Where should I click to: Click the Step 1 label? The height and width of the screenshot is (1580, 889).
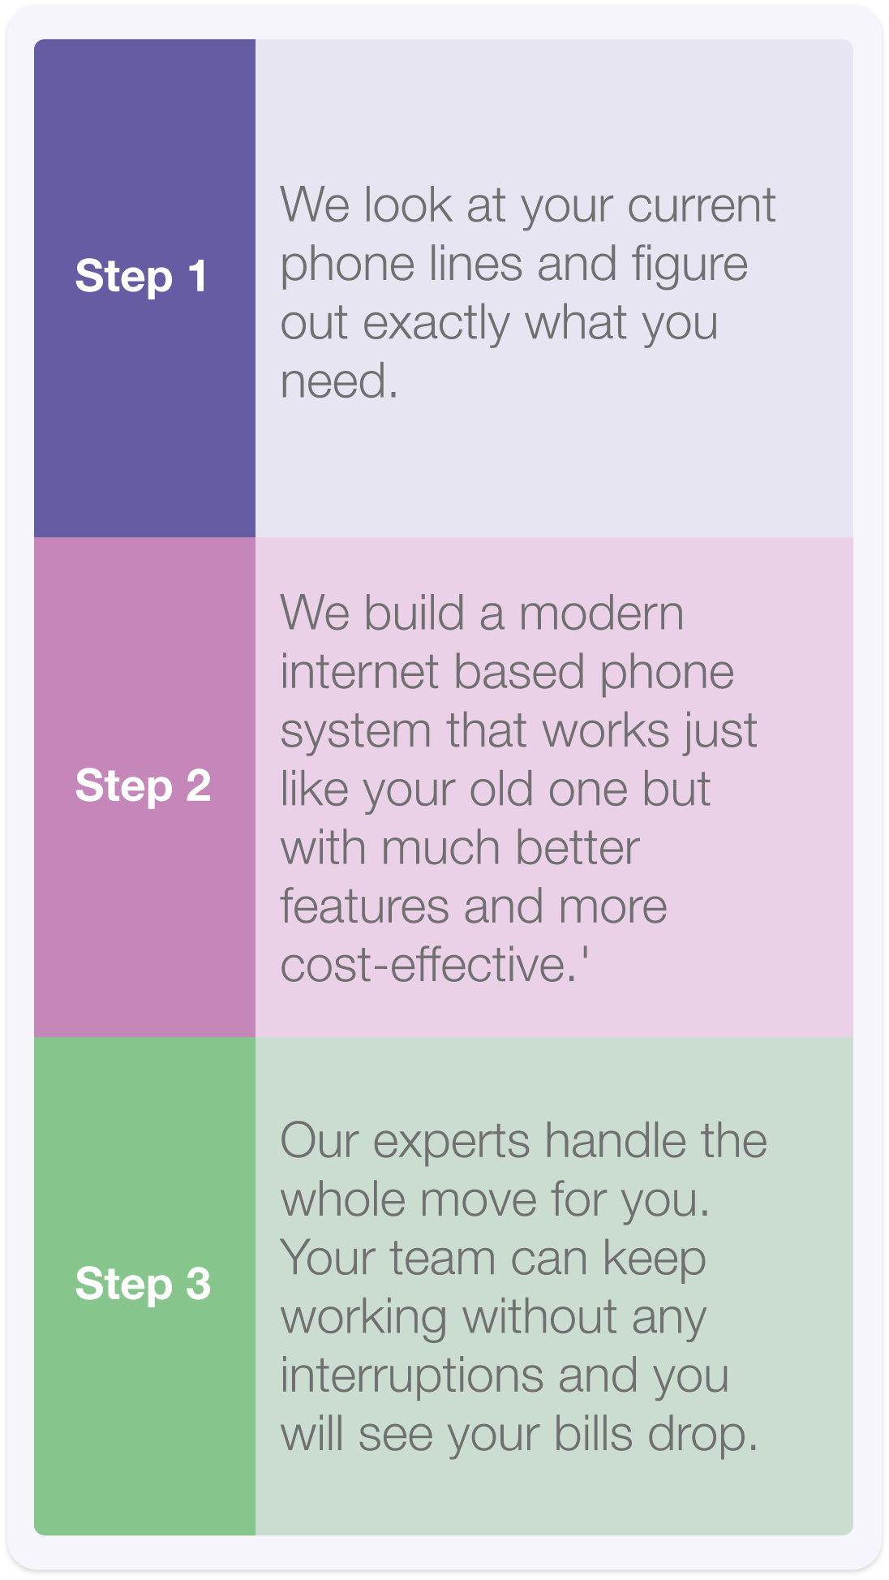click(x=140, y=277)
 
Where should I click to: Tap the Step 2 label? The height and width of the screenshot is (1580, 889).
click(x=143, y=786)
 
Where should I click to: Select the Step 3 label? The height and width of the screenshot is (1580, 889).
click(x=143, y=1285)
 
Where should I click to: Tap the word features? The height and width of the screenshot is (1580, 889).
click(x=364, y=906)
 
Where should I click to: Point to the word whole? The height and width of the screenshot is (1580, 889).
click(x=344, y=1199)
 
